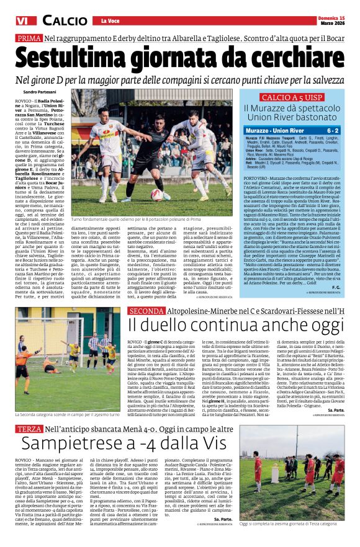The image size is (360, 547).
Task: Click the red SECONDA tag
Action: (x=147, y=310)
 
